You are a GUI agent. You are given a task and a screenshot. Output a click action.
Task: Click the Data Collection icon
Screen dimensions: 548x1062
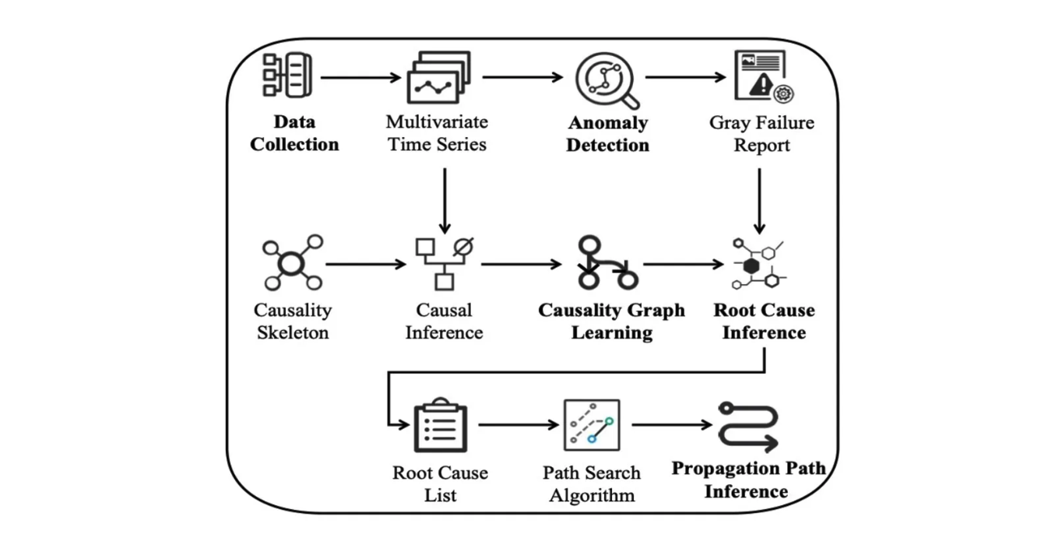[x=287, y=76]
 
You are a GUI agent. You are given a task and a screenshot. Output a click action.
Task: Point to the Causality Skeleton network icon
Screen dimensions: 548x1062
[x=291, y=263]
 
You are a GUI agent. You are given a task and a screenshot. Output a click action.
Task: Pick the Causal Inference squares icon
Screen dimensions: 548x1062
[x=445, y=263]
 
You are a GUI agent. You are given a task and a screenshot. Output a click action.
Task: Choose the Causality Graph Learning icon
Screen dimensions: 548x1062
[x=607, y=263]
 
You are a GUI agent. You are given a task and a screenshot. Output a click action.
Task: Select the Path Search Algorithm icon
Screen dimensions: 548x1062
[x=592, y=425]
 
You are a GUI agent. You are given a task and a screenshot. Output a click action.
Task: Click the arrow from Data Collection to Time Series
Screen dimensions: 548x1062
[x=359, y=77]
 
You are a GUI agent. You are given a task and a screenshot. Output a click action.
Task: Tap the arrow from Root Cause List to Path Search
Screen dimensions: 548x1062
[x=519, y=425]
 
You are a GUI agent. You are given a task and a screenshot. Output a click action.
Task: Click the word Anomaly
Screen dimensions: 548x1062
[x=607, y=123]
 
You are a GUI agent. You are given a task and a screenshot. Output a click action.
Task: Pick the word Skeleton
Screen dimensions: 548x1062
[x=292, y=333]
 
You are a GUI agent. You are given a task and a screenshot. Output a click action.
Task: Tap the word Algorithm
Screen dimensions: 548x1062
[x=592, y=495]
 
